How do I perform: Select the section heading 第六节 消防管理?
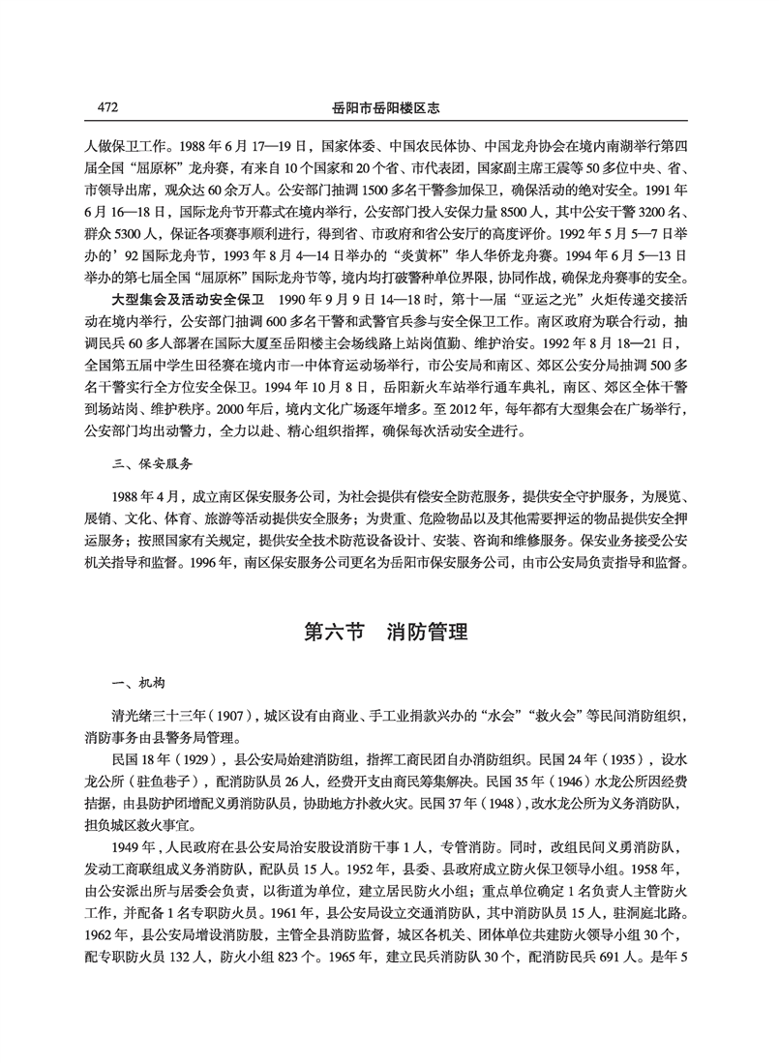[386, 633]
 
